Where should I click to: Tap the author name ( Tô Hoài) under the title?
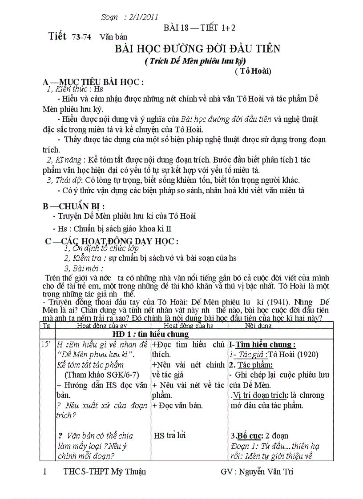tap(253, 71)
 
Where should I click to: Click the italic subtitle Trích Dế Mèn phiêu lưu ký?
tap(195, 61)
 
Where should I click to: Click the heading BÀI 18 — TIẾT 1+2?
tap(199, 28)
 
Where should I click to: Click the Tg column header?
tap(46, 325)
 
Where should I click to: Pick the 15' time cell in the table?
tap(46, 344)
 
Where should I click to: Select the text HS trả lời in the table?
tap(169, 435)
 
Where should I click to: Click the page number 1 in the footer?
tap(44, 471)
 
